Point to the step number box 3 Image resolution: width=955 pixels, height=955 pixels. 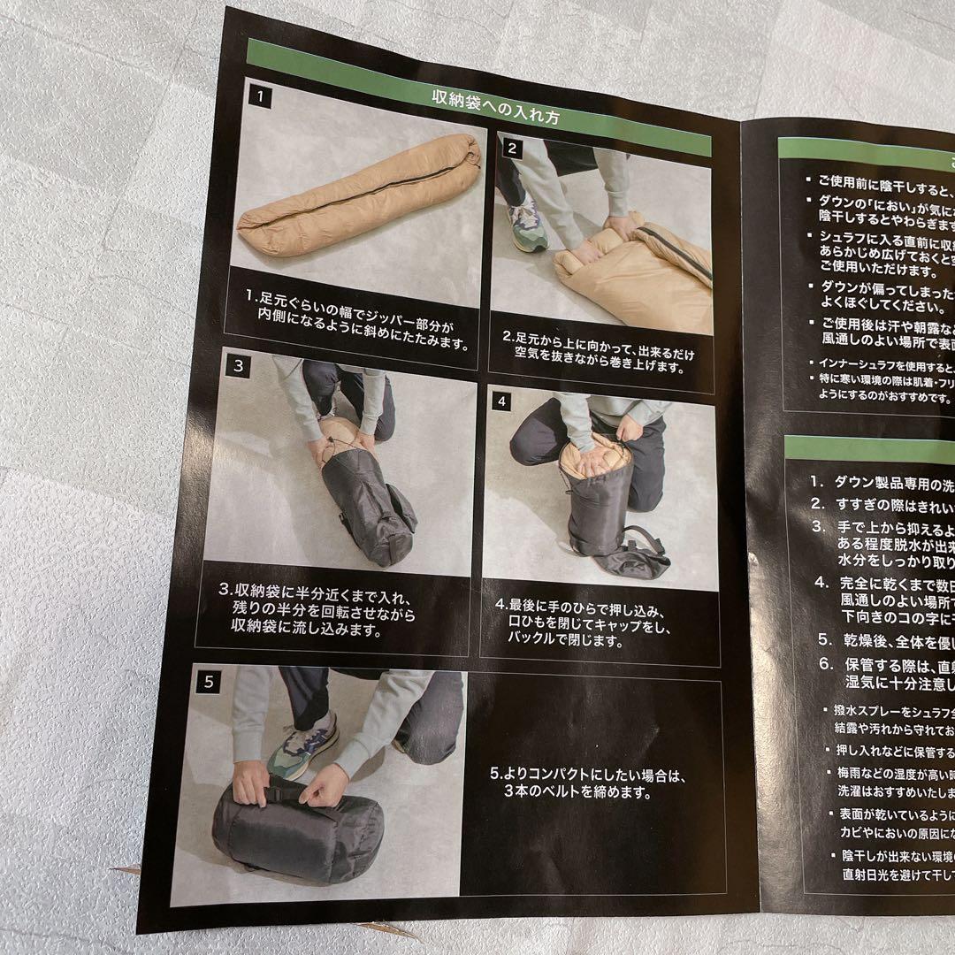(238, 364)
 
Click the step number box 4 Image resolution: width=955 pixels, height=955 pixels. (501, 400)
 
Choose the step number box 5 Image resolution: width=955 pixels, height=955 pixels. (210, 681)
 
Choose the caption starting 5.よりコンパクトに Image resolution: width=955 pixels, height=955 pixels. (588, 783)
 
